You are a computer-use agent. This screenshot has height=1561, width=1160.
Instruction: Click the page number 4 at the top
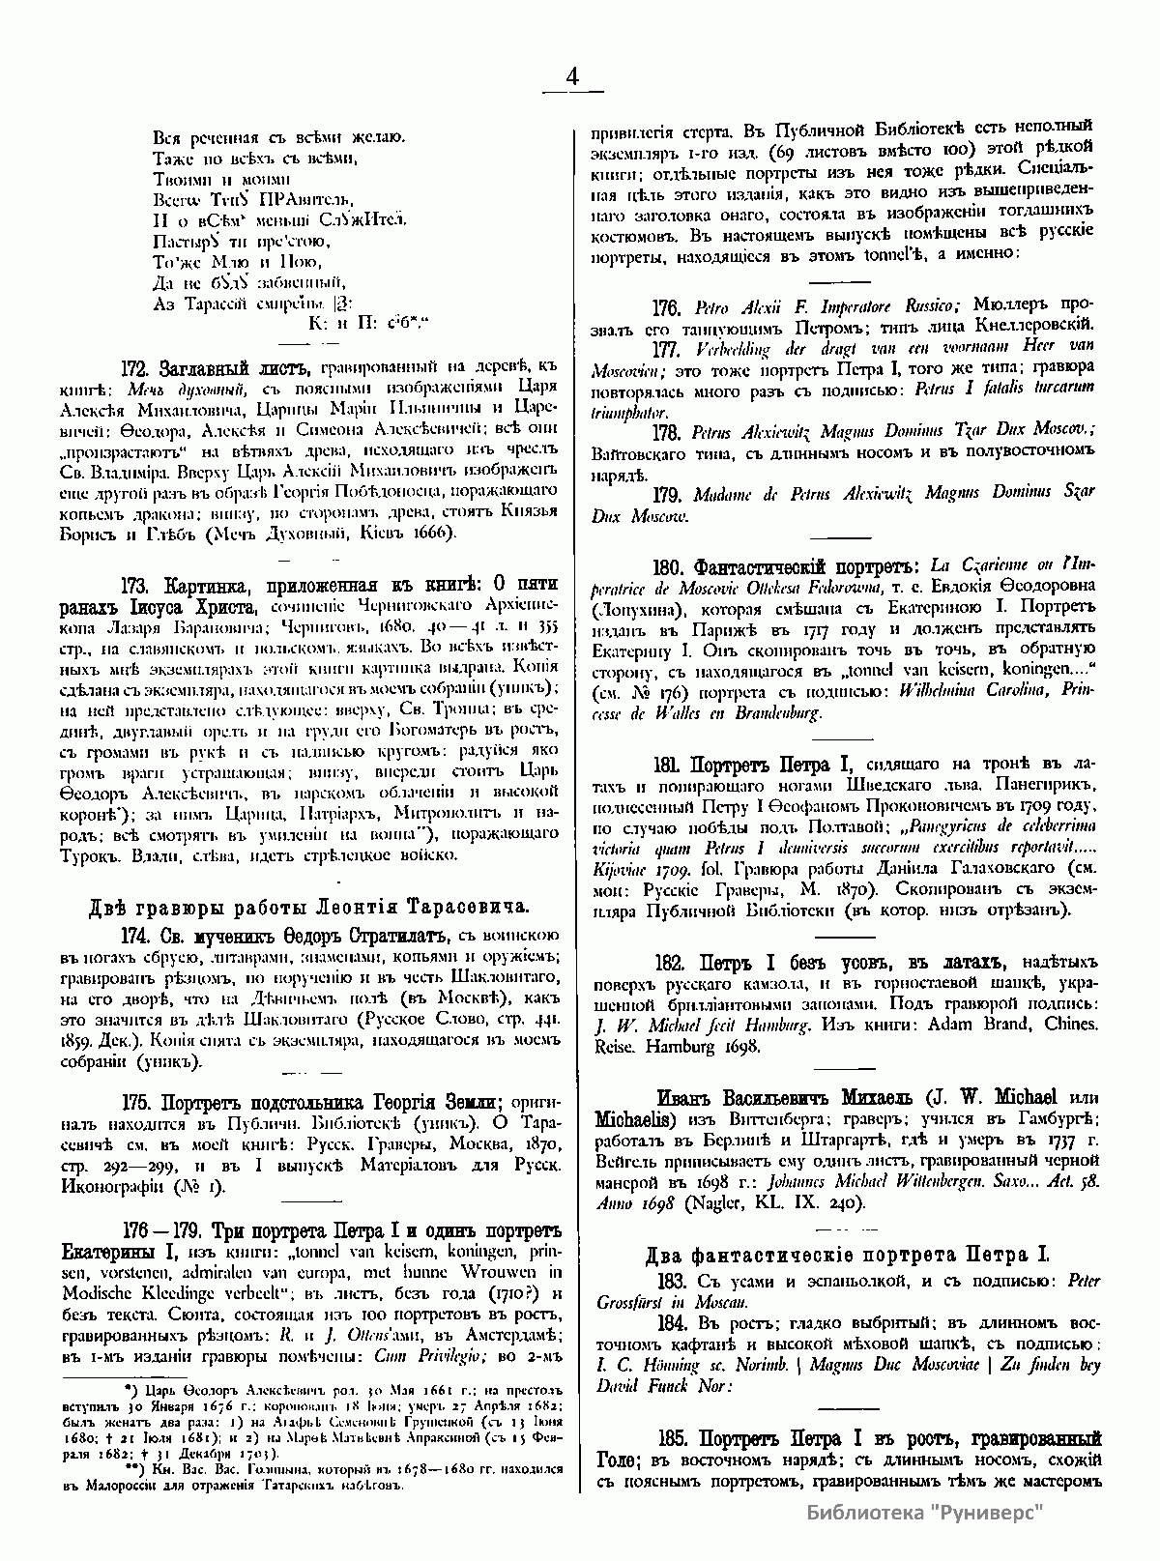[x=572, y=78]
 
